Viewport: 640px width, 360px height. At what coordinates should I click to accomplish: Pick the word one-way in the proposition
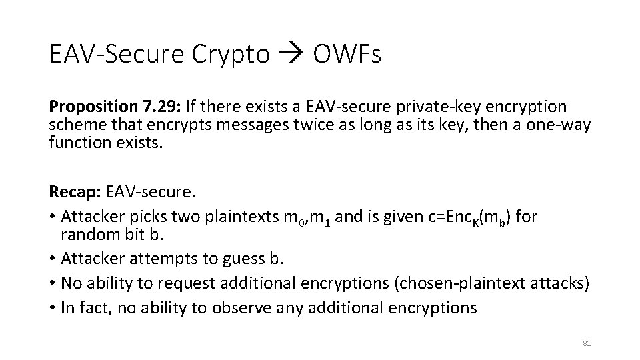click(564, 125)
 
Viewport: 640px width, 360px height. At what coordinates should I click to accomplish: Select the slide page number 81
click(587, 343)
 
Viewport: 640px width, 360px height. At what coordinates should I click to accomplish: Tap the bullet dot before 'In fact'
click(53, 307)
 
